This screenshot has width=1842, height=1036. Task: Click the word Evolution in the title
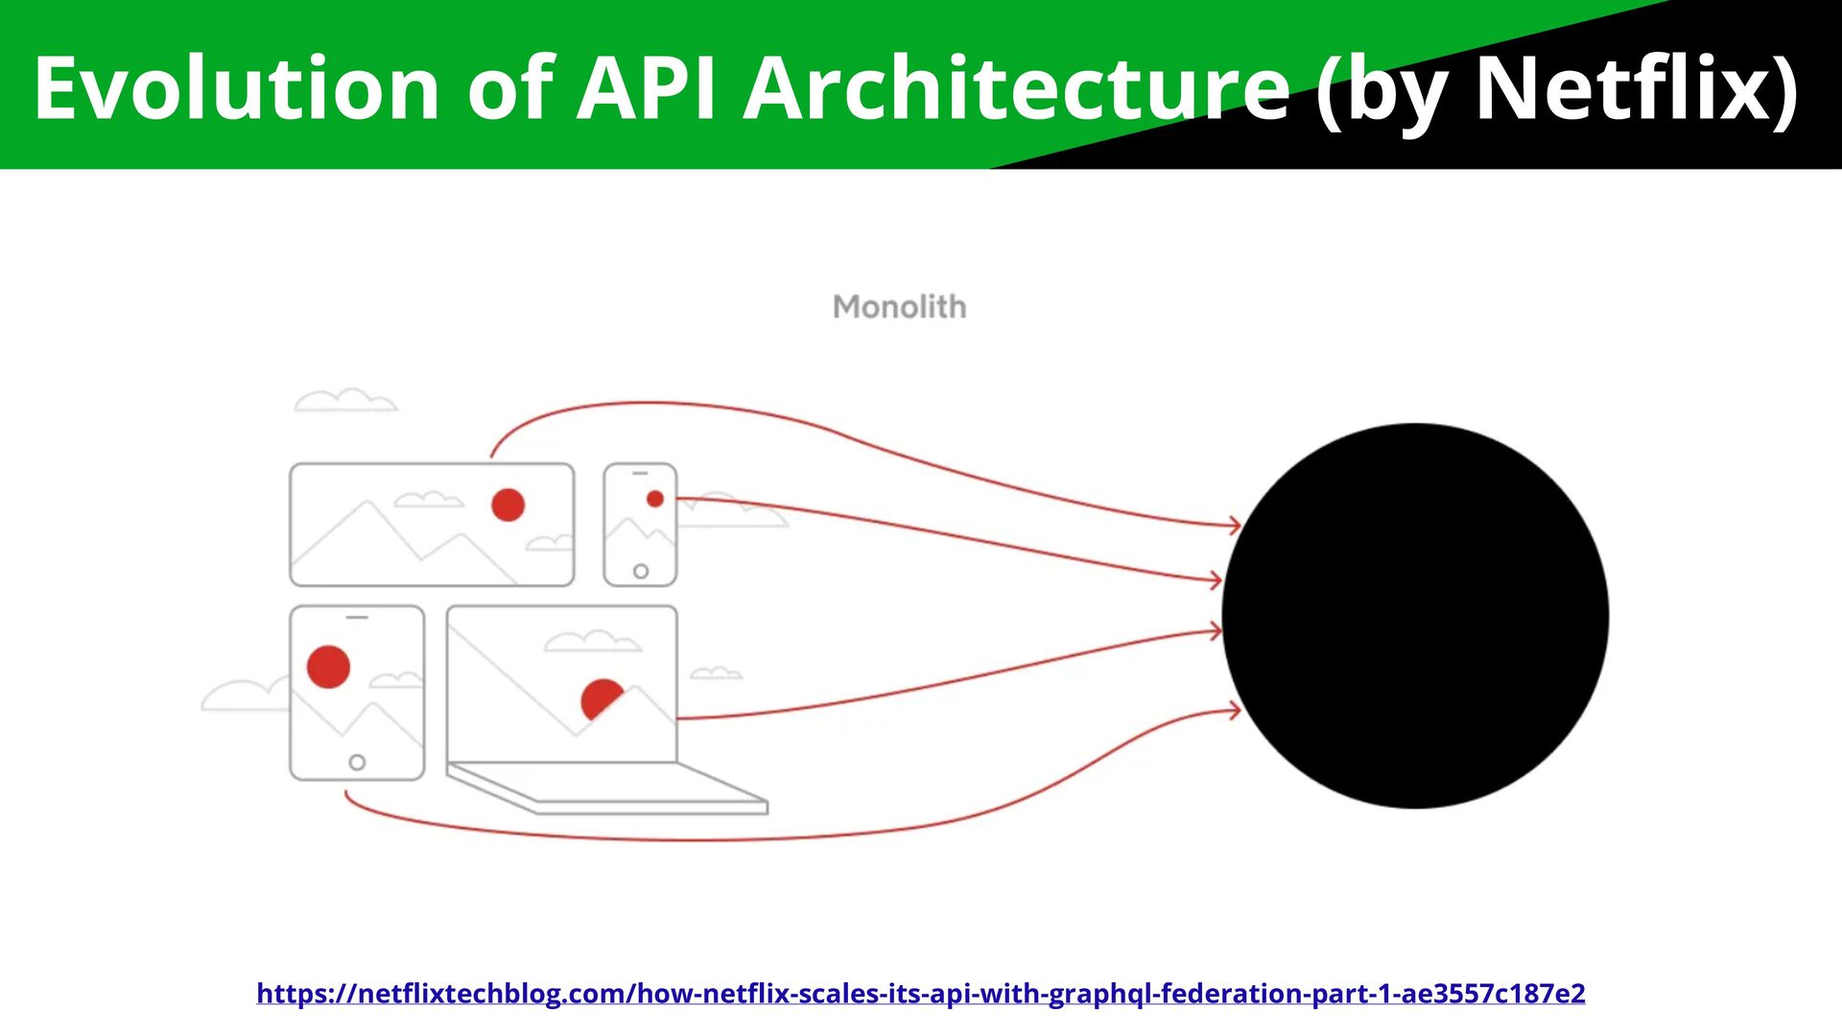(236, 88)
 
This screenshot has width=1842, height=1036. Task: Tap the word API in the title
(646, 88)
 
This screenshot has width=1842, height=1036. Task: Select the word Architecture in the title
(1017, 88)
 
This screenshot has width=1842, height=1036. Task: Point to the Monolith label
(900, 307)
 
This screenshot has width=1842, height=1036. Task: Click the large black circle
(1415, 616)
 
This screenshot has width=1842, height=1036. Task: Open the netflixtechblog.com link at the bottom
(920, 993)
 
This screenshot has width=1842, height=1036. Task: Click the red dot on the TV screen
(508, 505)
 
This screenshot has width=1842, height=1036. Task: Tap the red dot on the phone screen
(655, 499)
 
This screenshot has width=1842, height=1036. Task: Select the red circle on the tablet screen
(328, 667)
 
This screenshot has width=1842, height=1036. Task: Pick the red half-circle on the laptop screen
(600, 697)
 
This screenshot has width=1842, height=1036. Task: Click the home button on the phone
(641, 572)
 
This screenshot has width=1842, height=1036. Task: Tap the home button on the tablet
(357, 763)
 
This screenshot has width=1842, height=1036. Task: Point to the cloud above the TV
(345, 401)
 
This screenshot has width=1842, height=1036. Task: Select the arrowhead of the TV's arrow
(1236, 525)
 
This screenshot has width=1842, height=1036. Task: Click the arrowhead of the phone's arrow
(1216, 579)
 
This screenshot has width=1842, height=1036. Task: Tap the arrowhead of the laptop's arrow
(1216, 630)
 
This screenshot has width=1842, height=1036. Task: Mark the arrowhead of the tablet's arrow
(1236, 711)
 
